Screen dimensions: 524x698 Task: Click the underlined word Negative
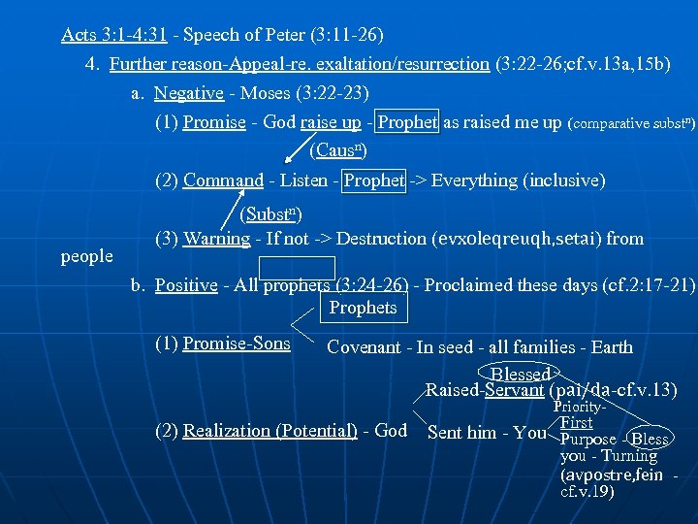(x=189, y=94)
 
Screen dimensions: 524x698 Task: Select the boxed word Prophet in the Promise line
(x=407, y=123)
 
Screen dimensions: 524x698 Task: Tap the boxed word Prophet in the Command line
(x=374, y=180)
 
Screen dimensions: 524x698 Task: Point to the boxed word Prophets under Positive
(x=363, y=309)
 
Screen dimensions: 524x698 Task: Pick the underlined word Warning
(x=216, y=239)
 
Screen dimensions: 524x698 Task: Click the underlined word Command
(x=223, y=180)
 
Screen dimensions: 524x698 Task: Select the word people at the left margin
(x=86, y=256)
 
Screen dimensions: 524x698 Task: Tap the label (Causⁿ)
(x=338, y=151)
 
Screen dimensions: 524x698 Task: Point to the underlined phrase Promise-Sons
(x=223, y=343)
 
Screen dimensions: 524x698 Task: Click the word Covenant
(x=365, y=347)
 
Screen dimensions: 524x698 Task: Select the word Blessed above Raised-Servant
(x=521, y=375)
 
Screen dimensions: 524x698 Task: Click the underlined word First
(x=577, y=423)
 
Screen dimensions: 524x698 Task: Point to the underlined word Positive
(x=186, y=286)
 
